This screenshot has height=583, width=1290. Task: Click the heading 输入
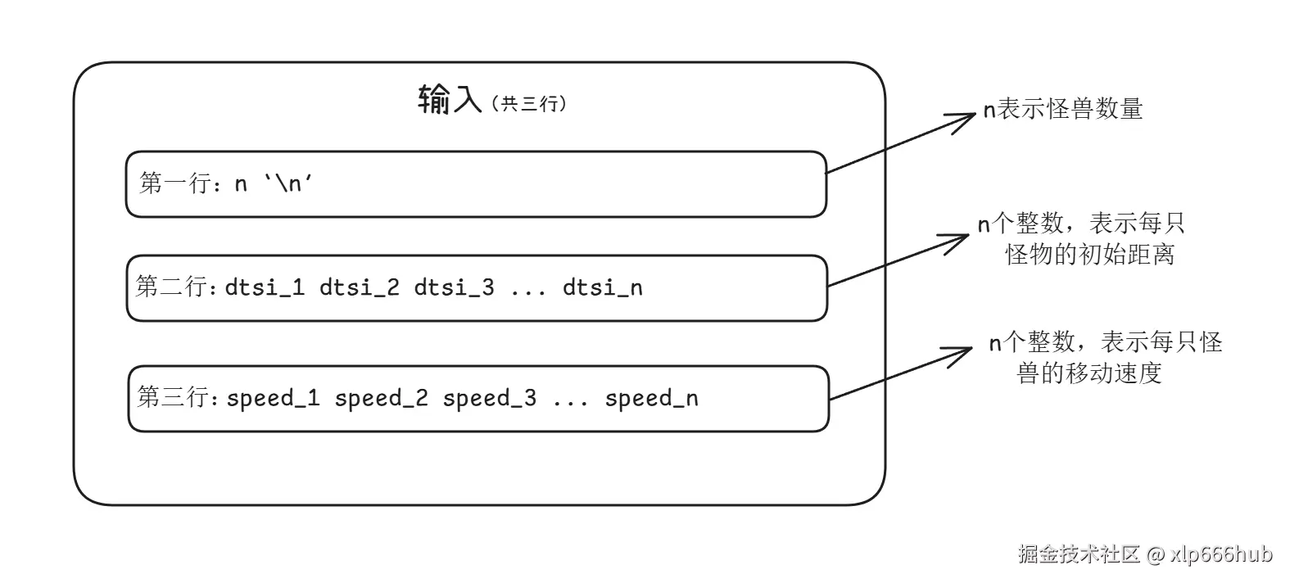(x=449, y=101)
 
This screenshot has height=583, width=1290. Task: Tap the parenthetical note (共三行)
(x=528, y=104)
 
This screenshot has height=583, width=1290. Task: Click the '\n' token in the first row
(x=288, y=183)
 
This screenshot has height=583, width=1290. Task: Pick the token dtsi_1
(x=265, y=287)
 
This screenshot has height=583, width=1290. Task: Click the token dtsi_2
(x=359, y=287)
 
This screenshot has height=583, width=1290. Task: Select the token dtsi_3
(x=454, y=287)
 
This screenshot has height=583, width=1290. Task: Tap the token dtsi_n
(x=602, y=287)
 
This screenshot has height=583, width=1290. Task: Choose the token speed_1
(x=273, y=398)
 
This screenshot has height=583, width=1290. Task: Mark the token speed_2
(x=381, y=398)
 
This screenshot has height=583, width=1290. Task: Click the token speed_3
(x=489, y=398)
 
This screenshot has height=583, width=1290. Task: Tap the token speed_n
(x=651, y=398)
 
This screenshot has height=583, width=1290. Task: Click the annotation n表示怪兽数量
(x=1062, y=109)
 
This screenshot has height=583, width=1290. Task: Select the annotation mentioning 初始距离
(x=1081, y=238)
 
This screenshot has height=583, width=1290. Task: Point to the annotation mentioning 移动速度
(x=1104, y=357)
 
